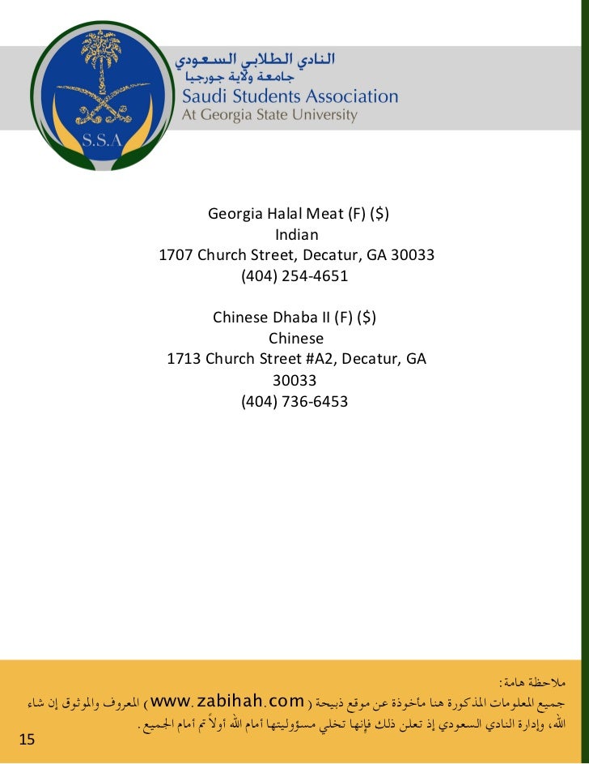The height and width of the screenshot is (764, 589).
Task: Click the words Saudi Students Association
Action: tap(289, 96)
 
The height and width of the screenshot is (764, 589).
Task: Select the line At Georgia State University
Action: tap(269, 115)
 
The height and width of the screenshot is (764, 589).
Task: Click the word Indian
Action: tap(296, 235)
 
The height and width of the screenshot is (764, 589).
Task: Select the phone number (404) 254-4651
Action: tap(294, 275)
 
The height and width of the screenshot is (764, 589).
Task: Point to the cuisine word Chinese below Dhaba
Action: tap(296, 338)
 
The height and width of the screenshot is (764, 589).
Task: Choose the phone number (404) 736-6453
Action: tap(294, 399)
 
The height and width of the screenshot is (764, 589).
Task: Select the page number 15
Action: tap(27, 739)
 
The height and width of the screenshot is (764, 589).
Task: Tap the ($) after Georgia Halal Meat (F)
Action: tap(375, 215)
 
